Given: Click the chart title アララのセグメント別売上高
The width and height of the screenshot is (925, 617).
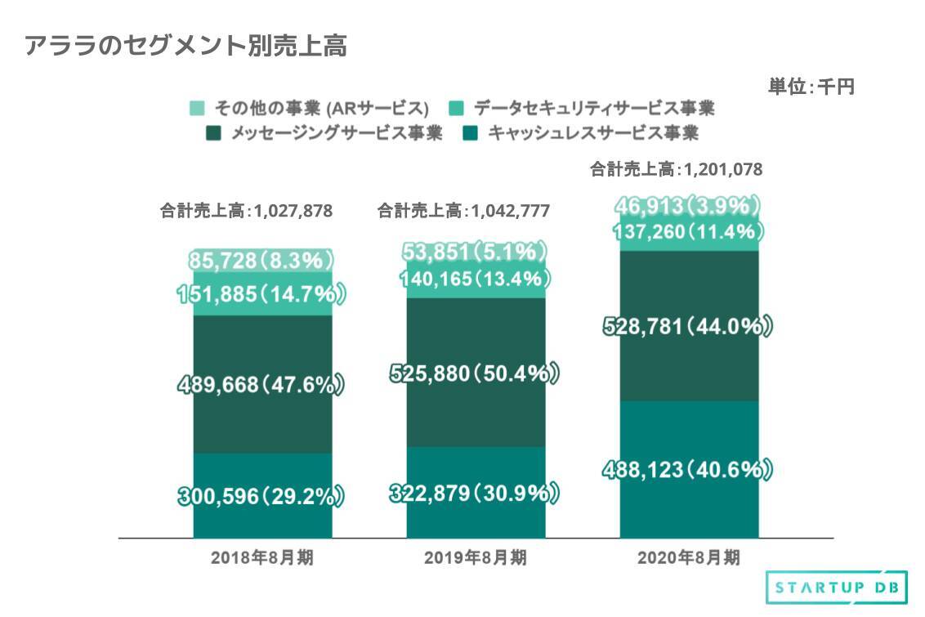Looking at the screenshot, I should [186, 47].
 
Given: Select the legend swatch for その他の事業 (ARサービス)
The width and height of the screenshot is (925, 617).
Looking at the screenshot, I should [197, 108].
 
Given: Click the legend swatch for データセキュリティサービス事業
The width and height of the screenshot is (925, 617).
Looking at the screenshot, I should [458, 108].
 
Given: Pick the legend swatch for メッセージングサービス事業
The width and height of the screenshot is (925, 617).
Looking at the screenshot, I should [215, 132].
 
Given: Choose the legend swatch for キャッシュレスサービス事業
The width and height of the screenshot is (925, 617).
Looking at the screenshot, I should [470, 132].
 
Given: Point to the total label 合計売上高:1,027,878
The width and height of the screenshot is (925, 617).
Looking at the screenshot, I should [246, 211].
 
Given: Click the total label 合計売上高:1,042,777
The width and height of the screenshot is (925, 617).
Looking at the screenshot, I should [463, 211].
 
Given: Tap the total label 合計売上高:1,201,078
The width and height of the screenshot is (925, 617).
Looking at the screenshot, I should [677, 170].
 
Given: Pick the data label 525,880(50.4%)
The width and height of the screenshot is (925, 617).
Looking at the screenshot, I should [475, 373].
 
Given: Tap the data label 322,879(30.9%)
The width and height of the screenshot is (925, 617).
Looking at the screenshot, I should [475, 493].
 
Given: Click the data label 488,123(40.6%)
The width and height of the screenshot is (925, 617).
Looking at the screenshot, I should [688, 470].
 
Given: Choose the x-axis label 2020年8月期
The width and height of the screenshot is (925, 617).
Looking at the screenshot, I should [688, 559].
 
